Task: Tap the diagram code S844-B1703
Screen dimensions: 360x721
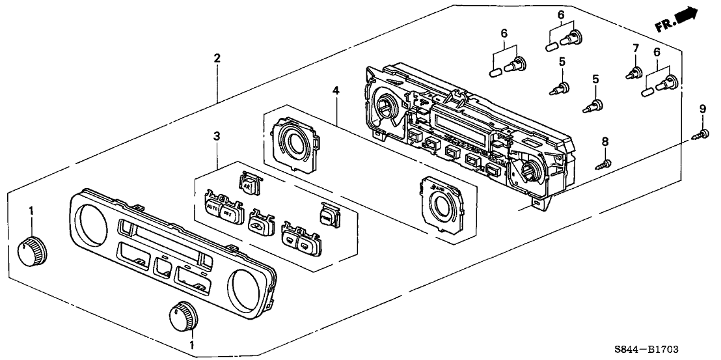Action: [x=660, y=350]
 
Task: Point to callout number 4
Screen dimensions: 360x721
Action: [x=335, y=90]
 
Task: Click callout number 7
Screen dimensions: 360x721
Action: [x=636, y=48]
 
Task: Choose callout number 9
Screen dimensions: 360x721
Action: [x=702, y=108]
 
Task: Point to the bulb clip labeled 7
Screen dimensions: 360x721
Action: [x=632, y=74]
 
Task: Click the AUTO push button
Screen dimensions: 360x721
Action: [x=211, y=210]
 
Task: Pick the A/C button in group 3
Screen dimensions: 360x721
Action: [x=248, y=184]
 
